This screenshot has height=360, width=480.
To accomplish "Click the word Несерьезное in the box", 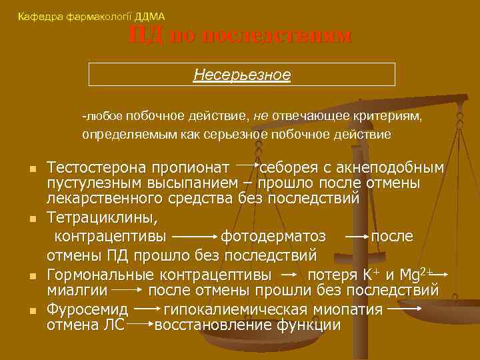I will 242,74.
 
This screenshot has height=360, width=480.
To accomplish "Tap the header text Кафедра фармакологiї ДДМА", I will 91,16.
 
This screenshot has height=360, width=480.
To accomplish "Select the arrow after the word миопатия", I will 403,309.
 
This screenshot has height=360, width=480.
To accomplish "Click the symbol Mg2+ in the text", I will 417,273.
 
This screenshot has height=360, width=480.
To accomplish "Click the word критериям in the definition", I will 391,116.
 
